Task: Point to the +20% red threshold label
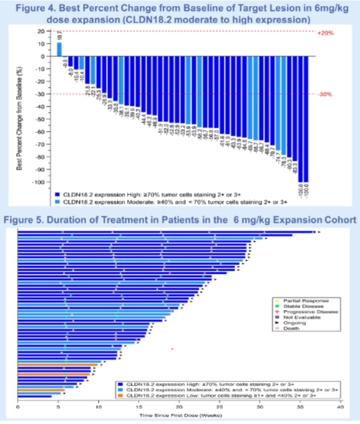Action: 325,32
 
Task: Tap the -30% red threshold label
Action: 325,94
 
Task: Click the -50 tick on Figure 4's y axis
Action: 46,119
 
